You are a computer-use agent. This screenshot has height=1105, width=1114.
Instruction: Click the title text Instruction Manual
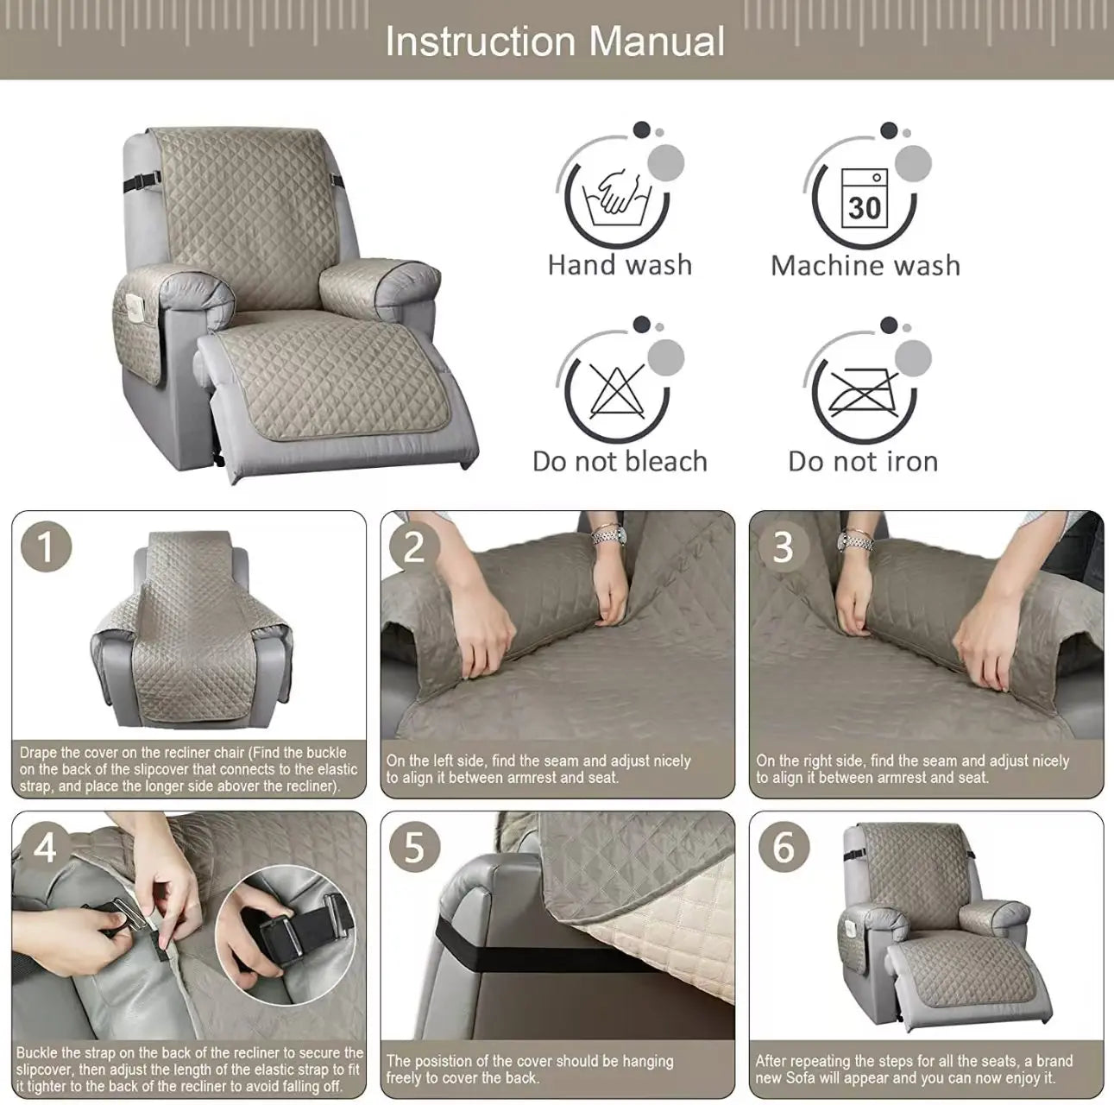(x=555, y=41)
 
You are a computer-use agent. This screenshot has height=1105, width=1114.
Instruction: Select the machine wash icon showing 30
(x=864, y=197)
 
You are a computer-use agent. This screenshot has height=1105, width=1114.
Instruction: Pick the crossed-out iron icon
(x=864, y=391)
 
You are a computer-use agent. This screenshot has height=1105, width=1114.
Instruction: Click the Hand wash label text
(x=620, y=265)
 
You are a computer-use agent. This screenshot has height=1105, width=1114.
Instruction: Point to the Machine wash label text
(x=865, y=265)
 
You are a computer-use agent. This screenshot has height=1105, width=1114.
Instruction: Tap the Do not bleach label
(x=620, y=462)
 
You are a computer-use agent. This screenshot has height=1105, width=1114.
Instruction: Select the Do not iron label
(x=863, y=462)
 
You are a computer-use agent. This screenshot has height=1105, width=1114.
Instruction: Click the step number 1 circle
(x=45, y=547)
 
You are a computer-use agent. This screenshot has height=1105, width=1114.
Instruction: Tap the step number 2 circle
(x=414, y=547)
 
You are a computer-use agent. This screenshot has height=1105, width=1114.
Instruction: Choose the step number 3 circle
(x=783, y=547)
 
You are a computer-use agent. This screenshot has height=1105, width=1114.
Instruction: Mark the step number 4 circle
(x=45, y=847)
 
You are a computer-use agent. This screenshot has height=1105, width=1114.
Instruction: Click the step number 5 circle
(x=414, y=847)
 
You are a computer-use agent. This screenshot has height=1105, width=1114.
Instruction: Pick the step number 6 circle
(x=783, y=847)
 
